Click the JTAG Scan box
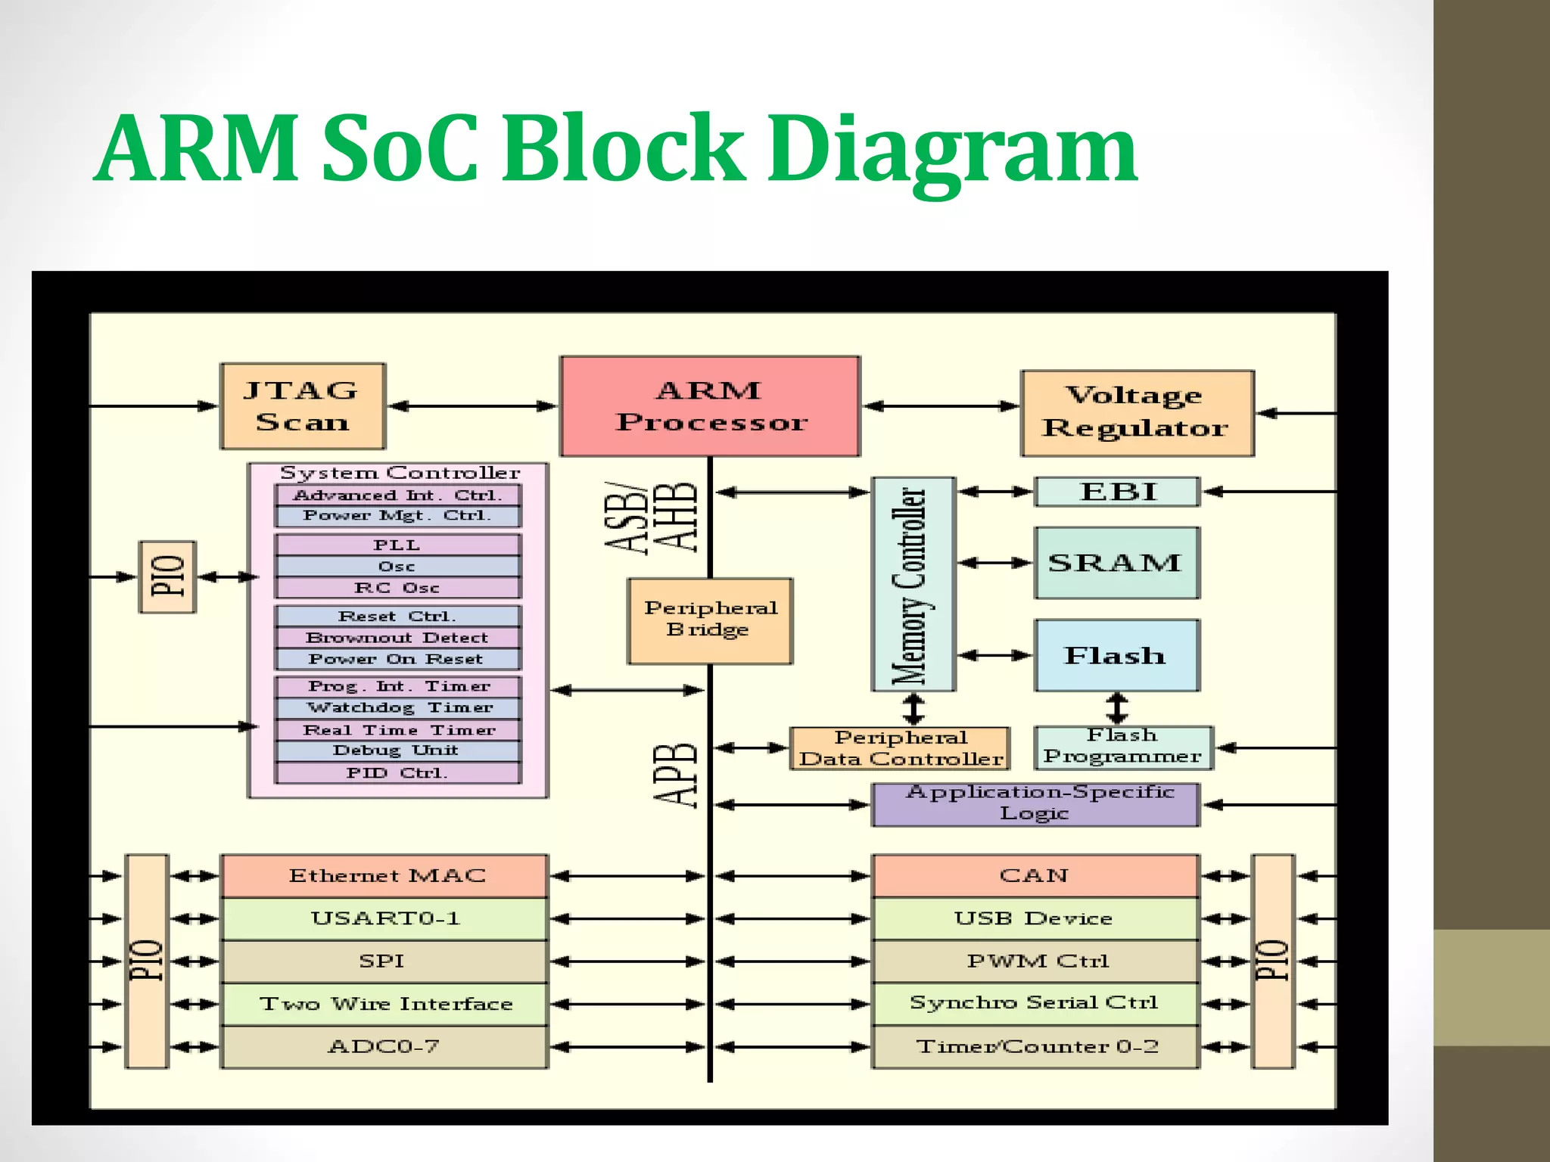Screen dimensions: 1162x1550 pos(303,406)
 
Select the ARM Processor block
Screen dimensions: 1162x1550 pos(710,406)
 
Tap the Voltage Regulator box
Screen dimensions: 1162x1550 pos(1137,413)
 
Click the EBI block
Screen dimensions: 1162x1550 pos(1117,492)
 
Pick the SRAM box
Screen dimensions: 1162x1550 pos(1116,563)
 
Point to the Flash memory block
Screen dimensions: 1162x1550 pos(1116,655)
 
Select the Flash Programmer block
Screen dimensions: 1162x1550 pos(1123,747)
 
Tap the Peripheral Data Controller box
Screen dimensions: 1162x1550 pos(900,748)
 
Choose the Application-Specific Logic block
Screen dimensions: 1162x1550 pos(1035,804)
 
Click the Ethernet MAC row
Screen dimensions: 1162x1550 pos(384,876)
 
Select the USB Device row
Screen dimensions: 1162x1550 pos(1035,918)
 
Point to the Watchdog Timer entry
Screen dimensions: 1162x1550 pos(398,708)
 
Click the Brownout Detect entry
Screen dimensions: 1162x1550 pos(398,638)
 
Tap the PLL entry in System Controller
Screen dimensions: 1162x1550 pos(398,545)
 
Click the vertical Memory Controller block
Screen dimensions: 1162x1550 pos(914,584)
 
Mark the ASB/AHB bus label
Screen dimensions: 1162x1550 pos(651,517)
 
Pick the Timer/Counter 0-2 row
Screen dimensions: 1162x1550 pos(1035,1047)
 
